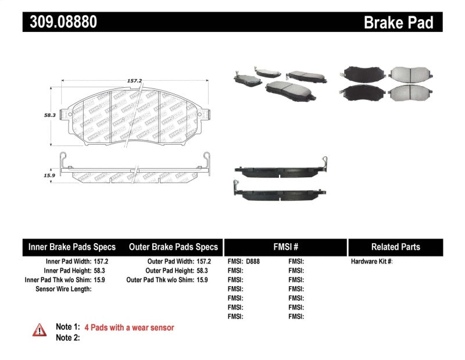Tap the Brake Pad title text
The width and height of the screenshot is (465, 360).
(x=398, y=22)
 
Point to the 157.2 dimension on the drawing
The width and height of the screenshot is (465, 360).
(x=135, y=82)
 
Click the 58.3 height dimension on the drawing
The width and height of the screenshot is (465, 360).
(x=49, y=115)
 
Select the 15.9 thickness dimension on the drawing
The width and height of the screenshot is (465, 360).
(x=49, y=174)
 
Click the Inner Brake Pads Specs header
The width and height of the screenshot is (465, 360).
(x=72, y=247)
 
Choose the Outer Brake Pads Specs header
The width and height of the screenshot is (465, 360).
(x=173, y=247)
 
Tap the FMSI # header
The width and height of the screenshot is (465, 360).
(x=285, y=247)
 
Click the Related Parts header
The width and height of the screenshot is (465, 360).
(x=396, y=247)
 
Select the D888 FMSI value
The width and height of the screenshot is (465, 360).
(x=253, y=262)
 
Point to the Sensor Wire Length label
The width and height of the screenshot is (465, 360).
(x=63, y=289)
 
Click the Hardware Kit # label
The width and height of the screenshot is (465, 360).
(x=371, y=262)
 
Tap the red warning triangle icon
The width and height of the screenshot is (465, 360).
(x=40, y=330)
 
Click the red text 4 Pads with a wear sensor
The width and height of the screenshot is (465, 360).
(x=129, y=327)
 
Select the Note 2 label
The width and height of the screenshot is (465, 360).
(x=67, y=337)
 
